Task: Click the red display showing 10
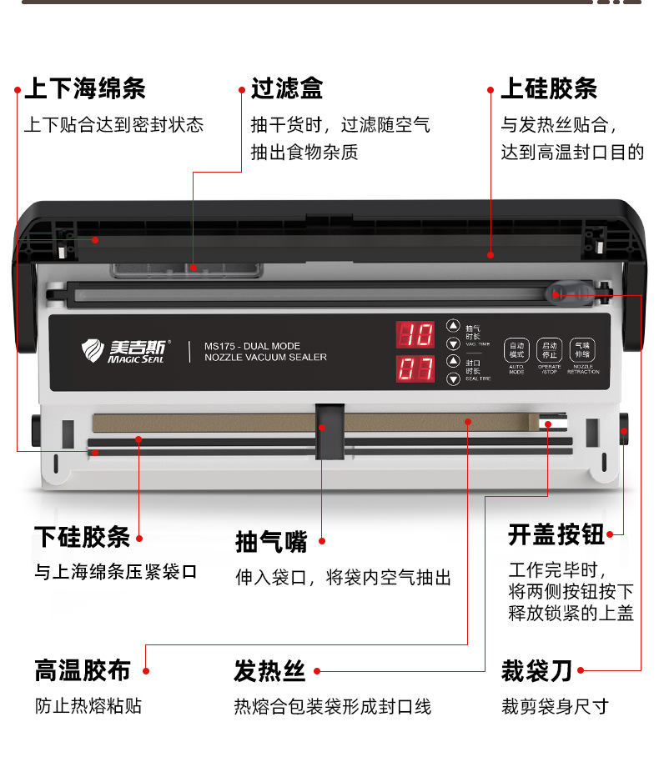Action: coord(415,335)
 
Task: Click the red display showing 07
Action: coord(415,368)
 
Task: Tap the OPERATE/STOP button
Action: coord(549,351)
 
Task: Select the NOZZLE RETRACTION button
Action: coord(582,351)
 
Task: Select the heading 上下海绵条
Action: coord(85,89)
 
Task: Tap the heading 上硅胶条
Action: coord(548,89)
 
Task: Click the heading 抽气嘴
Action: coord(271,541)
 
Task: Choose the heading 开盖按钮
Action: coord(556,534)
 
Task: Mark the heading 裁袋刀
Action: coord(536,669)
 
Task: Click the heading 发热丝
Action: coord(269,670)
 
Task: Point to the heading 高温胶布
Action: coord(83,670)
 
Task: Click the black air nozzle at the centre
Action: coord(329,429)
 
